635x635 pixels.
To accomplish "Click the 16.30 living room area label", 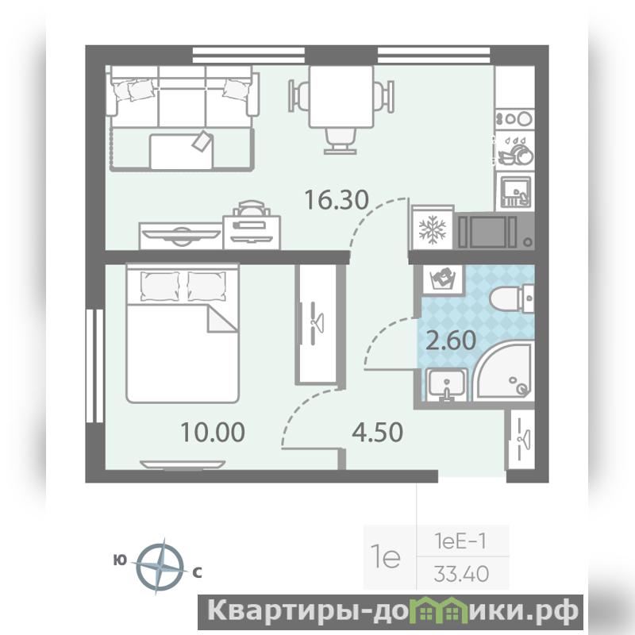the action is pyautogui.click(x=336, y=200).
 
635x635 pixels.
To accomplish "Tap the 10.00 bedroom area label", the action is pyautogui.click(x=213, y=432).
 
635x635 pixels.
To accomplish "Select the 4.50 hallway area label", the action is pyautogui.click(x=378, y=432).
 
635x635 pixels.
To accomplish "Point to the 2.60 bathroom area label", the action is pyautogui.click(x=451, y=341).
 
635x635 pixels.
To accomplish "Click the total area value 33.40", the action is pyautogui.click(x=462, y=574).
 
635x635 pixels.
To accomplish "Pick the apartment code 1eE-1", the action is pyautogui.click(x=460, y=541).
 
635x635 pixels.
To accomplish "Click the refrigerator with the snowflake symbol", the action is pyautogui.click(x=432, y=229).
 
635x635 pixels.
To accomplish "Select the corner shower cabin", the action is pyautogui.click(x=504, y=371).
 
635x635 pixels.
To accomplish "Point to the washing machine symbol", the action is pyautogui.click(x=443, y=279).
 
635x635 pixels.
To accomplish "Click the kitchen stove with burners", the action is pyautogui.click(x=514, y=118).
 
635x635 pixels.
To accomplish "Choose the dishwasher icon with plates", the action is pyautogui.click(x=514, y=150).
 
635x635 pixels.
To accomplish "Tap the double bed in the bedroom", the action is pyautogui.click(x=183, y=333).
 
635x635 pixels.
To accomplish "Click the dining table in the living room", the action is pyautogui.click(x=341, y=97).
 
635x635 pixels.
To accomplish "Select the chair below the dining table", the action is pyautogui.click(x=341, y=141).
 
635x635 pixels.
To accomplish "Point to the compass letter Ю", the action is pyautogui.click(x=120, y=560).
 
